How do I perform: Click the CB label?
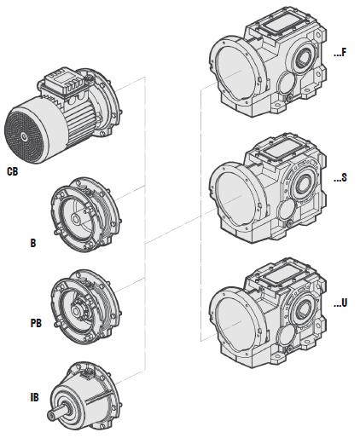[x=12, y=171]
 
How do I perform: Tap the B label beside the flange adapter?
[x=33, y=243]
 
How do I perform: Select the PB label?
[x=36, y=323]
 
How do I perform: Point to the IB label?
[x=34, y=397]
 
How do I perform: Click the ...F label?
[x=340, y=53]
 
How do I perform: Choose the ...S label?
[x=340, y=177]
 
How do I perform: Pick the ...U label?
[x=340, y=303]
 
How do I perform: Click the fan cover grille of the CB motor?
[x=24, y=137]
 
